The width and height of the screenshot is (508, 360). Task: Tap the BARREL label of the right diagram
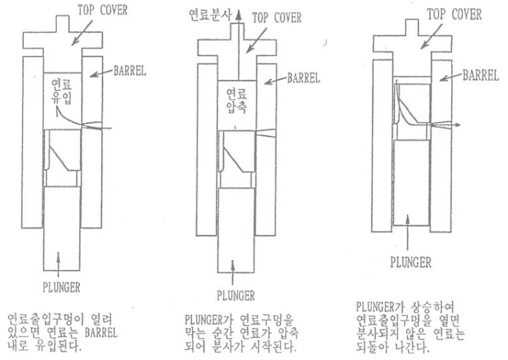(481, 74)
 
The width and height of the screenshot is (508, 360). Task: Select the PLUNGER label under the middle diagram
(235, 296)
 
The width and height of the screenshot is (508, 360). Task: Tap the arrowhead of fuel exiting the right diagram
(464, 125)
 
